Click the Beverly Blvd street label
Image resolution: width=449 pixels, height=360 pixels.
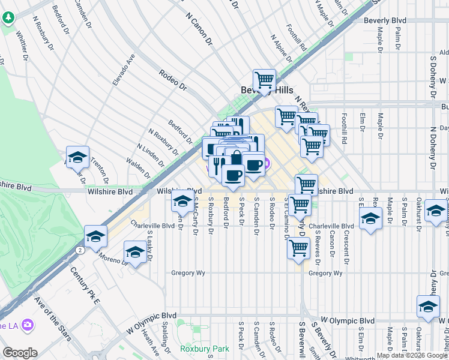tap(385, 20)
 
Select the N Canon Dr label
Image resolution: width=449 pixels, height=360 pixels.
tap(200, 29)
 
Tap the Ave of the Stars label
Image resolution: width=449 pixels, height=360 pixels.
tap(49, 313)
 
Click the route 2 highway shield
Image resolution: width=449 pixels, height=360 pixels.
tap(79, 249)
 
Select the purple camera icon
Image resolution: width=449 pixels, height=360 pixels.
tap(26, 325)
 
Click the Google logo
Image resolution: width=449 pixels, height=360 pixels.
tap(20, 352)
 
